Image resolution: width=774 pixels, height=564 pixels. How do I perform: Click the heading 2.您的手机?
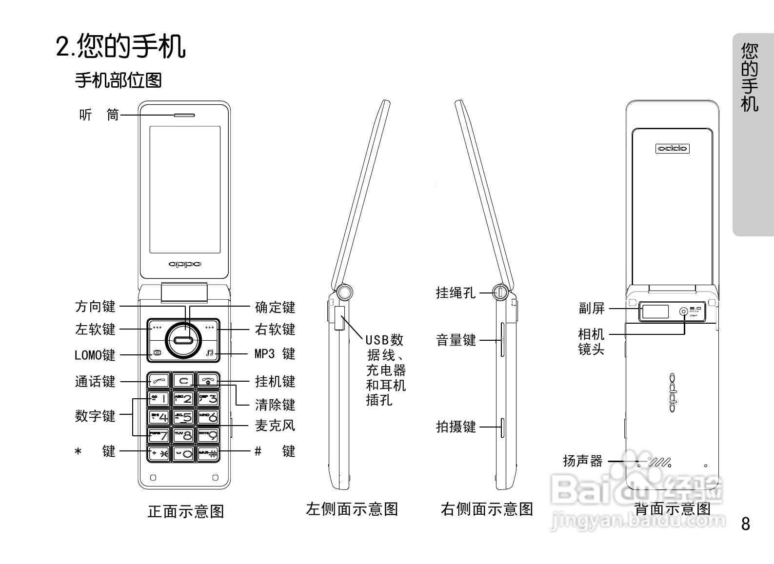pyautogui.click(x=120, y=46)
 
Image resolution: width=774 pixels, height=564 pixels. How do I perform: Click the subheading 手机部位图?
pyautogui.click(x=118, y=80)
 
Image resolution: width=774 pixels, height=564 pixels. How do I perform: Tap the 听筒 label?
pyautogui.click(x=99, y=115)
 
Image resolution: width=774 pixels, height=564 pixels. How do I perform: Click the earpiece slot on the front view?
pyautogui.click(x=184, y=116)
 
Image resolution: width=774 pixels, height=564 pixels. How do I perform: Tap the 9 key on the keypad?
pyautogui.click(x=208, y=435)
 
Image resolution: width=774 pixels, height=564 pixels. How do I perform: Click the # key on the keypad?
pyautogui.click(x=208, y=453)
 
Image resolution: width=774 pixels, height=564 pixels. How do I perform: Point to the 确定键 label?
pyautogui.click(x=275, y=307)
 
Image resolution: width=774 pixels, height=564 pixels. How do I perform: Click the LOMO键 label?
pyautogui.click(x=95, y=355)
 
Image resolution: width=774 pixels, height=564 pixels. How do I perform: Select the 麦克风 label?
pyautogui.click(x=275, y=426)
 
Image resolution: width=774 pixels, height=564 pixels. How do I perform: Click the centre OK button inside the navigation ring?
pyautogui.click(x=183, y=340)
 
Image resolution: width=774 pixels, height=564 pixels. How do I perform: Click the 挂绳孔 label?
pyautogui.click(x=456, y=292)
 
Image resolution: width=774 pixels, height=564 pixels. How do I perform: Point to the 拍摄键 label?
pyautogui.click(x=456, y=427)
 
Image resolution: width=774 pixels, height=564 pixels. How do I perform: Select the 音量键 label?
pyautogui.click(x=456, y=340)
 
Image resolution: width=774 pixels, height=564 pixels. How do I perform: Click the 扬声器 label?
pyautogui.click(x=583, y=461)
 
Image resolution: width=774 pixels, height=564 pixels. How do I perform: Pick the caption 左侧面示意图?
pyautogui.click(x=352, y=509)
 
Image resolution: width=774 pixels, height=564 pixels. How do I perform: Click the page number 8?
pyautogui.click(x=745, y=524)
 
